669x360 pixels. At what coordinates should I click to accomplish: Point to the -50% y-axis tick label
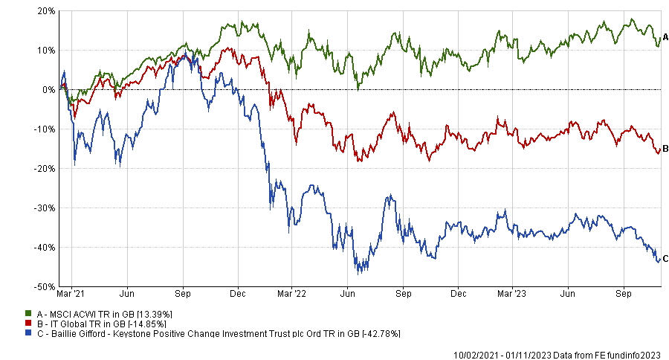point(45,286)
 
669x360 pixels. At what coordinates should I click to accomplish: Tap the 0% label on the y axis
point(49,90)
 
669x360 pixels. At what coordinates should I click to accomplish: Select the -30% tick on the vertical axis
point(45,208)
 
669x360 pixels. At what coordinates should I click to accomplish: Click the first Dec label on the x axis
point(238,295)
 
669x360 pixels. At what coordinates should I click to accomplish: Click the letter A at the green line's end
point(665,36)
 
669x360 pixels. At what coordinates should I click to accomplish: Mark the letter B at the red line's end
point(665,147)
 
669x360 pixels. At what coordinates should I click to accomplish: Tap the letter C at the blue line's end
point(665,258)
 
